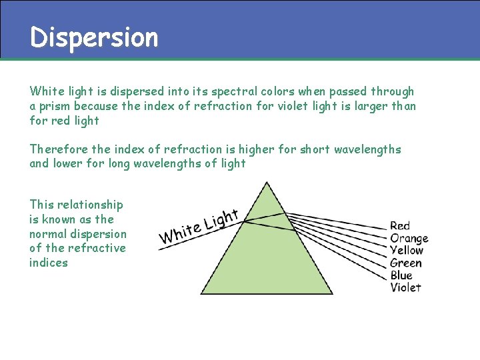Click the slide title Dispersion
pos(94,37)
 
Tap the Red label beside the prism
pos(400,226)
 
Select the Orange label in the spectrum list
pos(409,238)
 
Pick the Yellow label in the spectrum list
pos(407,250)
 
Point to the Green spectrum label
pos(406,263)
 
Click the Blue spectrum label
pos(401,275)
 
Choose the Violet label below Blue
pos(405,287)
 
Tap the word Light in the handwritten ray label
pos(221,218)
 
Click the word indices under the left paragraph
pos(49,263)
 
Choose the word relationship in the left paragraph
pos(89,205)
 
